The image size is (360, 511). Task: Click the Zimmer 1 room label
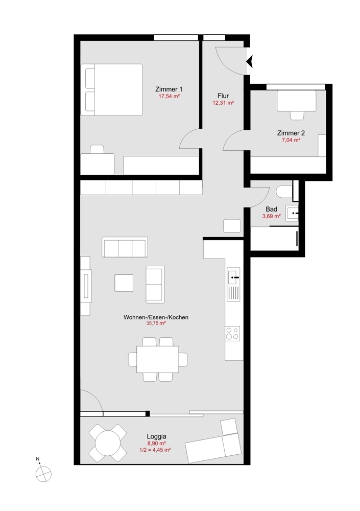[169, 89]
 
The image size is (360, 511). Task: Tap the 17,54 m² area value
[169, 96]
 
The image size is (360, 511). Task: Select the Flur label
[223, 96]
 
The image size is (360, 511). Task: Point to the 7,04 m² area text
[291, 140]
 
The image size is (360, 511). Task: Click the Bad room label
[271, 209]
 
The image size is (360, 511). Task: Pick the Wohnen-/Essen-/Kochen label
[156, 317]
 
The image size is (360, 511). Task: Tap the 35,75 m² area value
[156, 323]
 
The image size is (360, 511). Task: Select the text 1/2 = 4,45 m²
[155, 450]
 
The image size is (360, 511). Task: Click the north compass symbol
[43, 474]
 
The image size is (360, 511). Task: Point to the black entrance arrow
[250, 62]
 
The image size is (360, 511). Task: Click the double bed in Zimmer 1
[112, 89]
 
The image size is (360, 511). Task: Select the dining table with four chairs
[158, 359]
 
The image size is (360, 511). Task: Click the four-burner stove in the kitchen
[233, 333]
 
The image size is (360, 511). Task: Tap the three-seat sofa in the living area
[125, 248]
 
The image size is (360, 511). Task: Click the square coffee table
[124, 283]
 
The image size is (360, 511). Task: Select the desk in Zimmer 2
[296, 102]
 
